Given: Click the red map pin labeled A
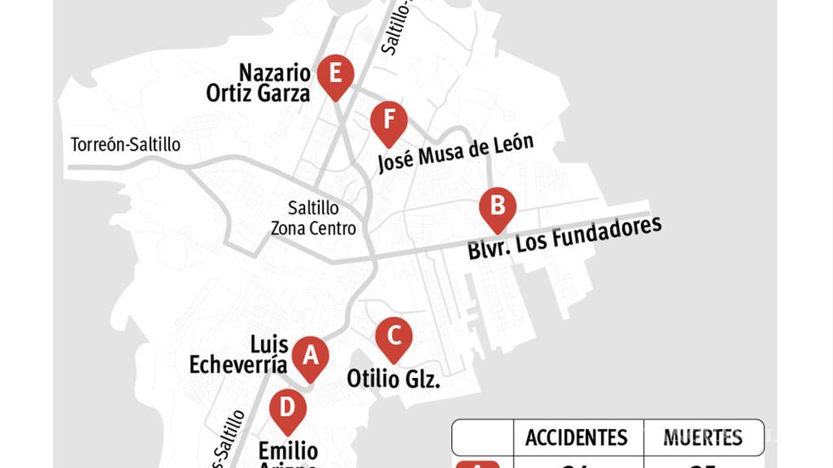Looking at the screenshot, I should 310,357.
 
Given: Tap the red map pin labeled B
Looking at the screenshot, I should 497,207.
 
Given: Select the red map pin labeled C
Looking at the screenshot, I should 394,337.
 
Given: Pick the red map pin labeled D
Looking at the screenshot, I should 288,409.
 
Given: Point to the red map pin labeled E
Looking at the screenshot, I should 336,75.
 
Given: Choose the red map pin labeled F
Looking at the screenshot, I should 389,121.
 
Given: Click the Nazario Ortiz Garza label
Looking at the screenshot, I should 259,83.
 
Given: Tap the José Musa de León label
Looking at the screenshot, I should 456,153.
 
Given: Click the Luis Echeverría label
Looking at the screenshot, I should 239,355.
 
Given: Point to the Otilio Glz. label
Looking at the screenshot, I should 393,378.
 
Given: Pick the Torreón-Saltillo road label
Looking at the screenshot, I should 125,145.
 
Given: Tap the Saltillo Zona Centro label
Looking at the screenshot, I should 313,218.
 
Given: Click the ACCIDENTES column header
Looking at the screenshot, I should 576,438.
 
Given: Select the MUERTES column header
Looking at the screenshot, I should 703,438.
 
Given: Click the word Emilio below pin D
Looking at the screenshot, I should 288,451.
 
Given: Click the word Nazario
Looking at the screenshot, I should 275,73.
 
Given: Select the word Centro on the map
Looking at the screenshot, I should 333,229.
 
